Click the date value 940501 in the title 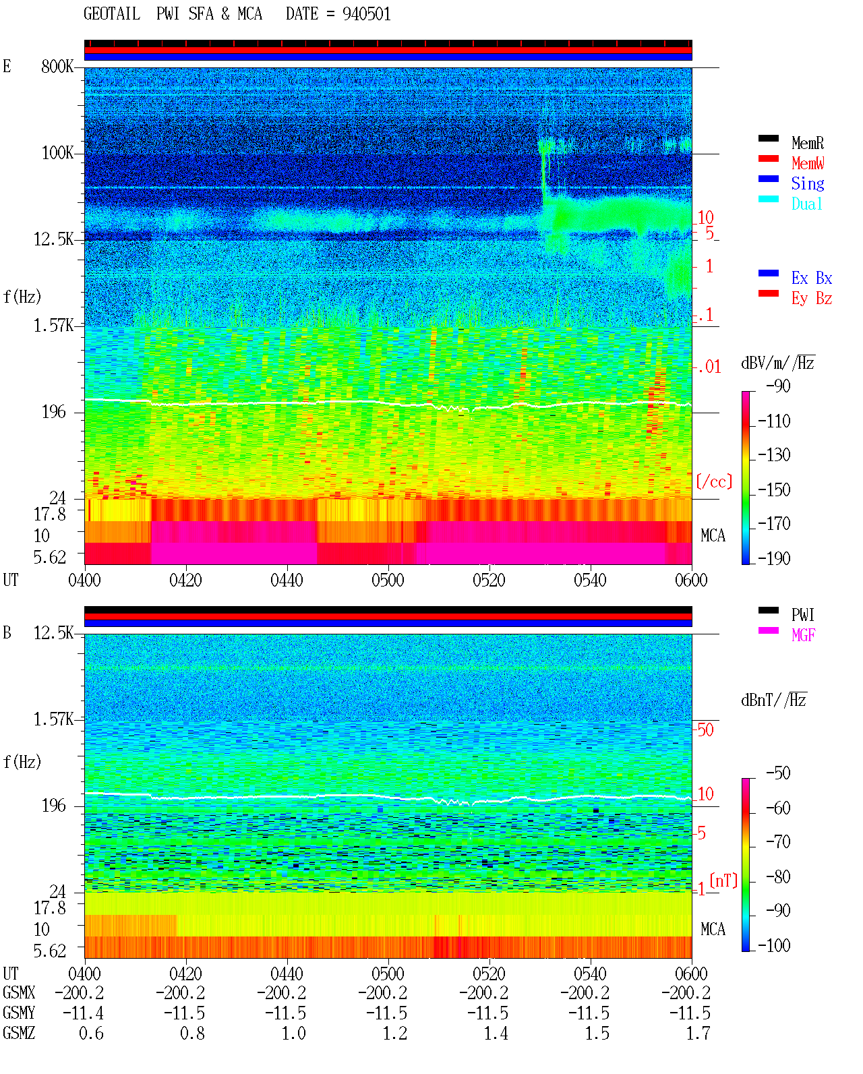tap(366, 14)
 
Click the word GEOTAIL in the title tap(112, 14)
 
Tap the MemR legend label tap(807, 143)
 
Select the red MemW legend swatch tap(768, 158)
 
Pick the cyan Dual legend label tap(806, 204)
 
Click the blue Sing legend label tap(807, 183)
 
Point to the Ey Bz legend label tap(812, 299)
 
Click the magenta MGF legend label tap(803, 635)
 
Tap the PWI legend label tap(802, 615)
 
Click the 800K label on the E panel tap(57, 66)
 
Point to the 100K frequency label tap(57, 153)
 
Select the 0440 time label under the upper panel tap(287, 580)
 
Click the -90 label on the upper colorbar tap(778, 386)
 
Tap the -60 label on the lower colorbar tap(778, 808)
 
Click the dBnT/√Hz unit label tap(774, 700)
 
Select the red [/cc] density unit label tap(714, 481)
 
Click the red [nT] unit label tap(723, 881)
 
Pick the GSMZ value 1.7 tap(698, 1034)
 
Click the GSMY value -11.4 tap(84, 1013)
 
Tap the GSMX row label tap(19, 992)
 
